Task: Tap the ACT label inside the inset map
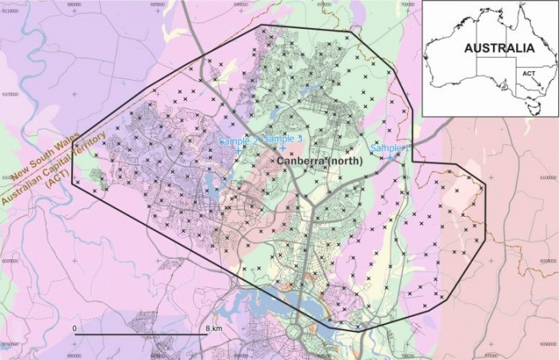(x=527, y=73)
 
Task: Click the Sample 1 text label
(x=390, y=148)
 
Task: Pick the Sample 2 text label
(x=238, y=141)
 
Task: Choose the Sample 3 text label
(x=282, y=138)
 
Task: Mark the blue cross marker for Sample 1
(x=390, y=158)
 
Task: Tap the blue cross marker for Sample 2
(x=238, y=150)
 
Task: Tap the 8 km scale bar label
(x=213, y=329)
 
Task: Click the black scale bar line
(x=144, y=334)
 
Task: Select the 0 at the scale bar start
(x=74, y=329)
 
